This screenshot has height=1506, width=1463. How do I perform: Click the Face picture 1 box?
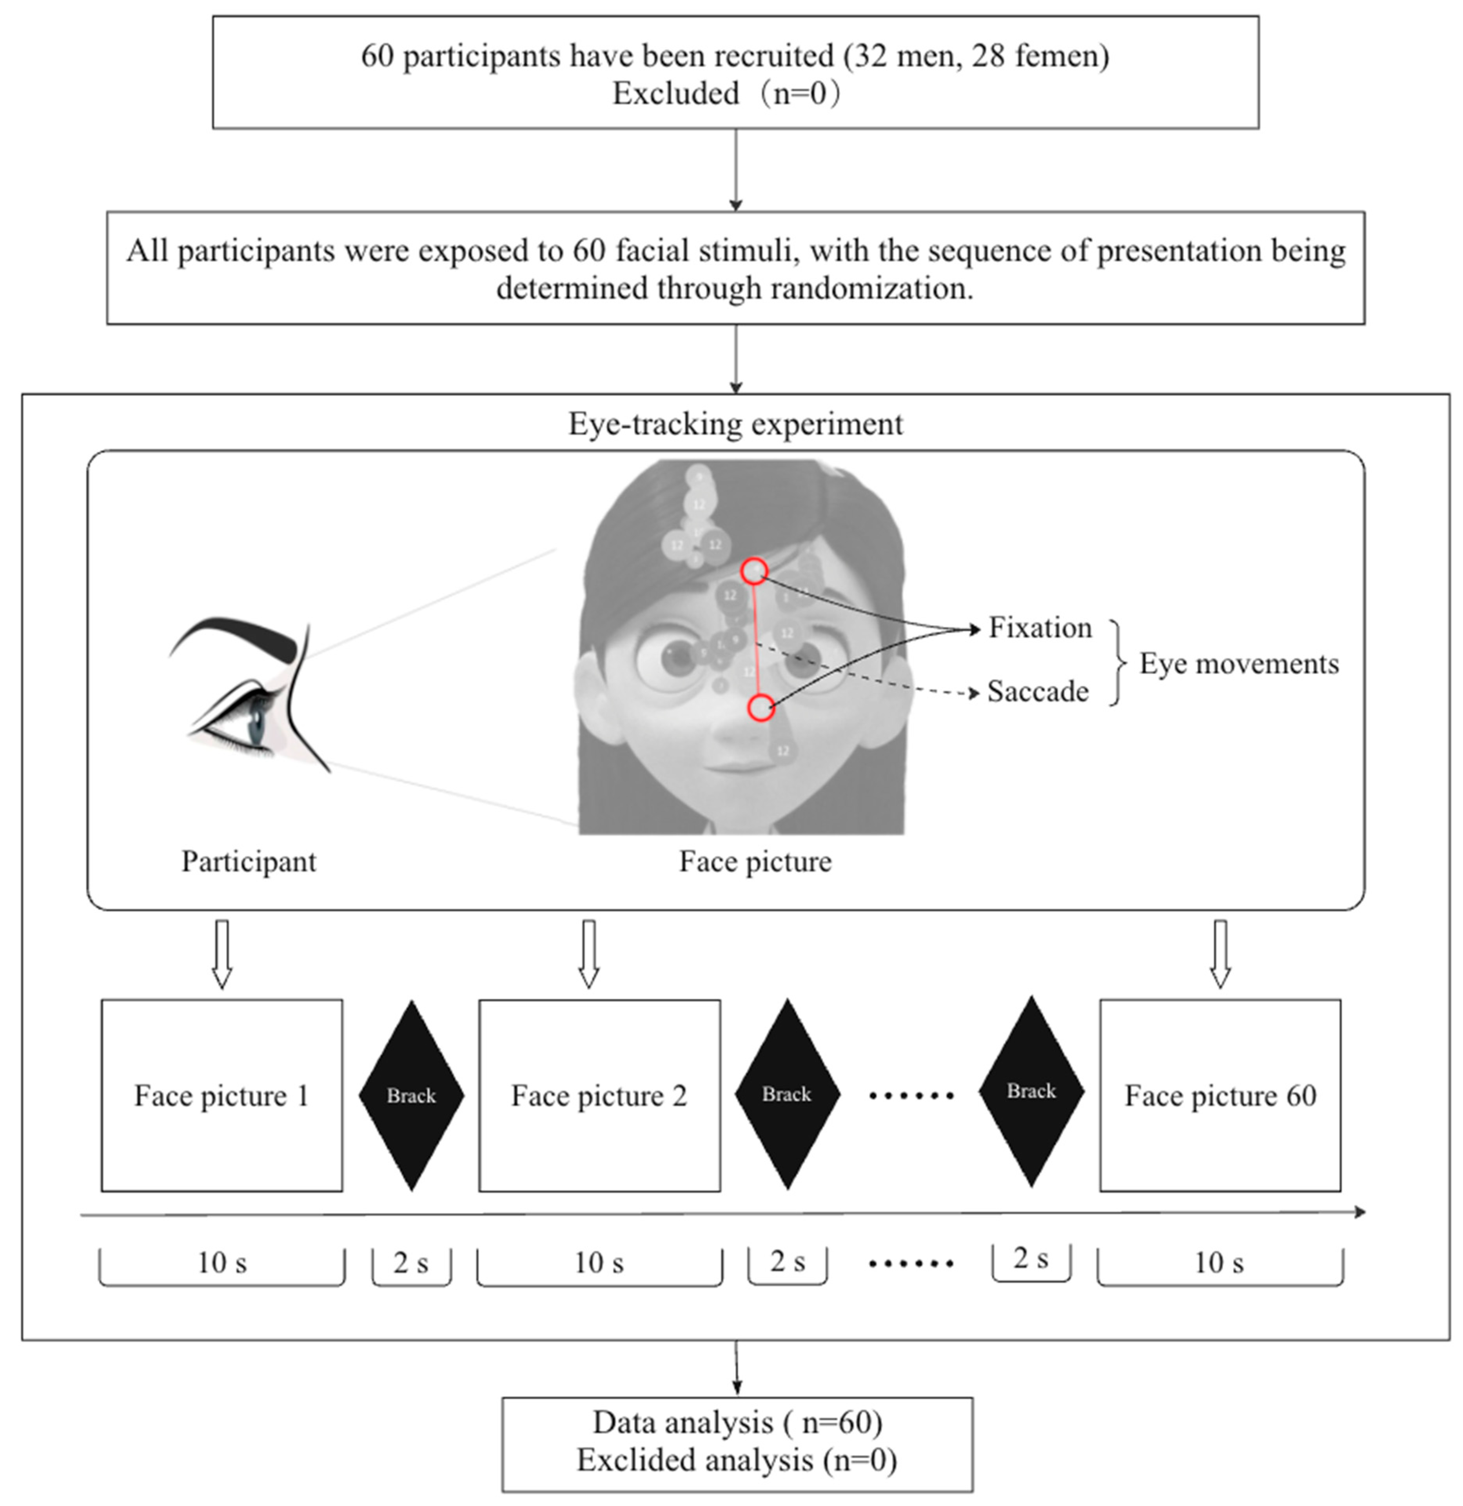pos(221,1095)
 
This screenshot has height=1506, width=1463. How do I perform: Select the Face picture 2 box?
pos(599,1095)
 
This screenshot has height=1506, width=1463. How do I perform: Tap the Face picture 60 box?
pos(1220,1095)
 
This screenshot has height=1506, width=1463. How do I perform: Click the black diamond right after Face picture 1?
pos(411,1095)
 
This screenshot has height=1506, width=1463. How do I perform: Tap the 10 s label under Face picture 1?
pos(222,1263)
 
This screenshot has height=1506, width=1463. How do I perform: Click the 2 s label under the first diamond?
pos(411,1263)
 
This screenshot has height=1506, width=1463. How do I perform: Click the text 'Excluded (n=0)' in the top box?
pos(726,94)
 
